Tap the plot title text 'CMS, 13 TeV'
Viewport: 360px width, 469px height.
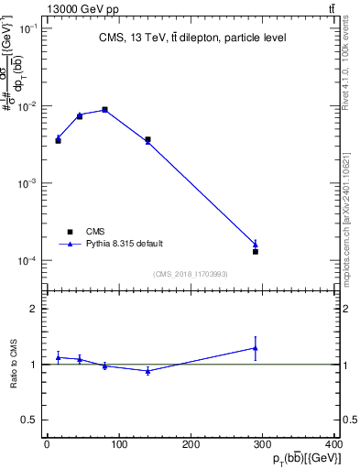click(192, 38)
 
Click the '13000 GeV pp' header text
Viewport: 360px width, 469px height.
click(81, 8)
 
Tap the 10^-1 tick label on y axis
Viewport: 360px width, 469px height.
click(29, 29)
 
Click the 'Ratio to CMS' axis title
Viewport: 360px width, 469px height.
click(15, 364)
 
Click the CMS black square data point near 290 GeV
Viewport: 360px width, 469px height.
click(256, 251)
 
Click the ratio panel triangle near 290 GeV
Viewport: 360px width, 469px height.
click(256, 348)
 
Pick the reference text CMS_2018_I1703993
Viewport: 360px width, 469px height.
click(191, 274)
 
